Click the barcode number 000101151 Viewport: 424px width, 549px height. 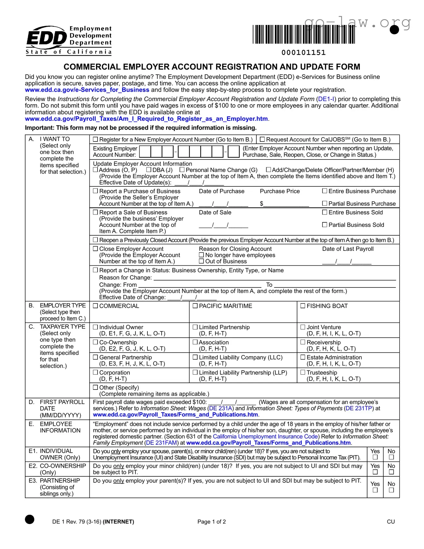(x=303, y=52)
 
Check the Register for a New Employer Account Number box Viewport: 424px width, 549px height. (x=96, y=139)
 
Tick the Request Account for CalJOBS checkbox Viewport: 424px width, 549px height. (x=262, y=139)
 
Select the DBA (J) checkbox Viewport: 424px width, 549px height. (x=149, y=170)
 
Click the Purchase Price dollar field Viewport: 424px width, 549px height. (x=286, y=204)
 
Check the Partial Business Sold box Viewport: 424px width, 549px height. (x=325, y=225)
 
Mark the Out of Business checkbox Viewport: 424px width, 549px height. (x=201, y=261)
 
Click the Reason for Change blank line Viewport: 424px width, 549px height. (x=275, y=278)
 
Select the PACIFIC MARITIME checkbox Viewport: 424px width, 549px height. (x=195, y=306)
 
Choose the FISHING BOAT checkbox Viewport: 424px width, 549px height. (x=303, y=306)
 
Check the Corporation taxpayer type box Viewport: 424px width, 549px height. (x=96, y=372)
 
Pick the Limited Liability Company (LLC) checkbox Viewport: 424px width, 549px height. (x=195, y=357)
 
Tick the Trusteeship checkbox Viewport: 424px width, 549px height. (x=303, y=372)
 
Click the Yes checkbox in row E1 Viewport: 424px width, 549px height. (x=375, y=457)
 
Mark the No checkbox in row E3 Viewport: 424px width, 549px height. (x=391, y=490)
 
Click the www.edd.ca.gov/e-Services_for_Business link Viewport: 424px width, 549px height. (x=87, y=90)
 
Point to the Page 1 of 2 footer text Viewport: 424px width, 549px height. (x=212, y=522)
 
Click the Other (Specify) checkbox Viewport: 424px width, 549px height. (x=96, y=387)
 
